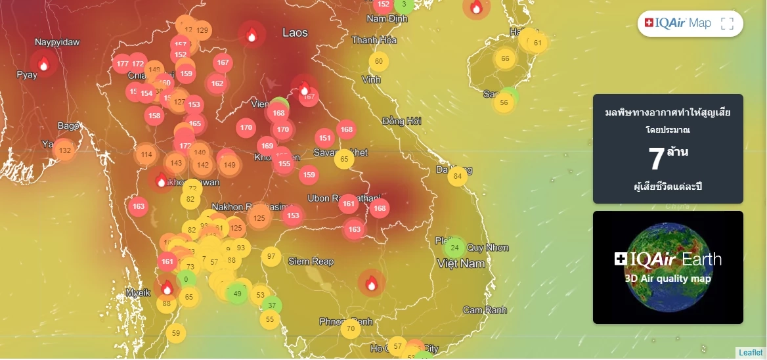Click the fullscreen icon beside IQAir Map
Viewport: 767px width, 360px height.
727,24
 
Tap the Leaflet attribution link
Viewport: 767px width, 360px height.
751,353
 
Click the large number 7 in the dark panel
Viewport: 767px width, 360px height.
656,158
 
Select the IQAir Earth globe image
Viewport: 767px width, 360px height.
668,267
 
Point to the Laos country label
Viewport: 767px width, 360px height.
295,32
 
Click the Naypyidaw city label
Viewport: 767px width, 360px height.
57,42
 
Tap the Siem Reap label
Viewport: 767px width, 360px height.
311,261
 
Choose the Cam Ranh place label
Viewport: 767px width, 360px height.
485,310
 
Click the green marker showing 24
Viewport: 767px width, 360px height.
454,248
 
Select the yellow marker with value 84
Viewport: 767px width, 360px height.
458,175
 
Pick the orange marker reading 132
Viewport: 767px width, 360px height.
64,150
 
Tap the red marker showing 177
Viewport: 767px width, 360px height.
121,64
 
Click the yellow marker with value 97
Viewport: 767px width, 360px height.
271,256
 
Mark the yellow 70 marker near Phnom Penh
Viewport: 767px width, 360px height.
351,328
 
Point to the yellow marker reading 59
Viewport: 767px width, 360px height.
175,333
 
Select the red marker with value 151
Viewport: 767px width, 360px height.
324,138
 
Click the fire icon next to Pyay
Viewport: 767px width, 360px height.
43,64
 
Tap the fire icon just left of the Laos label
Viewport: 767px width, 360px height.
251,35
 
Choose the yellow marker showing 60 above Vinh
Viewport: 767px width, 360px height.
378,62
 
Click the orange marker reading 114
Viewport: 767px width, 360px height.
146,155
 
